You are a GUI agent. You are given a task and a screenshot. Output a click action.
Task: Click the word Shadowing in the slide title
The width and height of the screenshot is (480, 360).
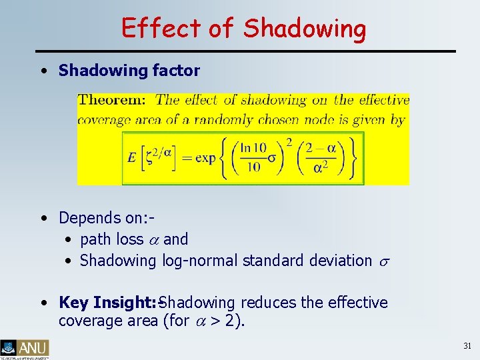point(305,29)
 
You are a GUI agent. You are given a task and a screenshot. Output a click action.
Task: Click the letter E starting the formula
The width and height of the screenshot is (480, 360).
point(132,158)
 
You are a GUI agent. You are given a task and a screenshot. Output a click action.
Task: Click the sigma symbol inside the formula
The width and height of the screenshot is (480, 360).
point(271,159)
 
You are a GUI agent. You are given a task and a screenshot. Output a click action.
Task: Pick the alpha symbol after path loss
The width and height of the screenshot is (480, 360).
point(153,239)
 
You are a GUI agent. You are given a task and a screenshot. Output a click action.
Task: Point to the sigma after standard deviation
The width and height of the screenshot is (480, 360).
point(383,261)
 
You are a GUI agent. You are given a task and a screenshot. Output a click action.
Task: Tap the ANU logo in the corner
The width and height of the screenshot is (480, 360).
point(25,347)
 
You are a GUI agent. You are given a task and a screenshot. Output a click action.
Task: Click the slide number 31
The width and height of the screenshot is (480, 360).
point(467,346)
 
